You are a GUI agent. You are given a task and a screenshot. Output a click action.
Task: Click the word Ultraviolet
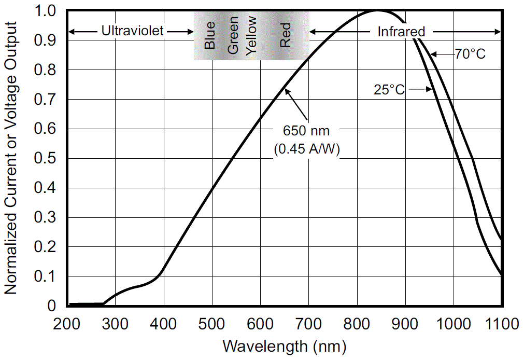pyautogui.click(x=132, y=32)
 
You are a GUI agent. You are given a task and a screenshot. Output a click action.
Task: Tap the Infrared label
pyautogui.click(x=401, y=32)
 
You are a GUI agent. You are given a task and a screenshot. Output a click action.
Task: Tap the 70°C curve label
pyautogui.click(x=470, y=53)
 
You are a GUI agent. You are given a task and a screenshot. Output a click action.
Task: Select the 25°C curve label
pyautogui.click(x=389, y=89)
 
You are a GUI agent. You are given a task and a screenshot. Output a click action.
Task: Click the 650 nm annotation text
pyautogui.click(x=306, y=129)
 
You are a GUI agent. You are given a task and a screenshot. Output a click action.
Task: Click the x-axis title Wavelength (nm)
pyautogui.click(x=284, y=345)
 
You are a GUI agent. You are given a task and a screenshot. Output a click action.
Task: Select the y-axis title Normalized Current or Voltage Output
pyautogui.click(x=11, y=158)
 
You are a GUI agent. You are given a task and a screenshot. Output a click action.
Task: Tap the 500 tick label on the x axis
pyautogui.click(x=212, y=324)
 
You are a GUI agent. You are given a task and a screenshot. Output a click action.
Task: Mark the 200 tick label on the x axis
pyautogui.click(x=67, y=324)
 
